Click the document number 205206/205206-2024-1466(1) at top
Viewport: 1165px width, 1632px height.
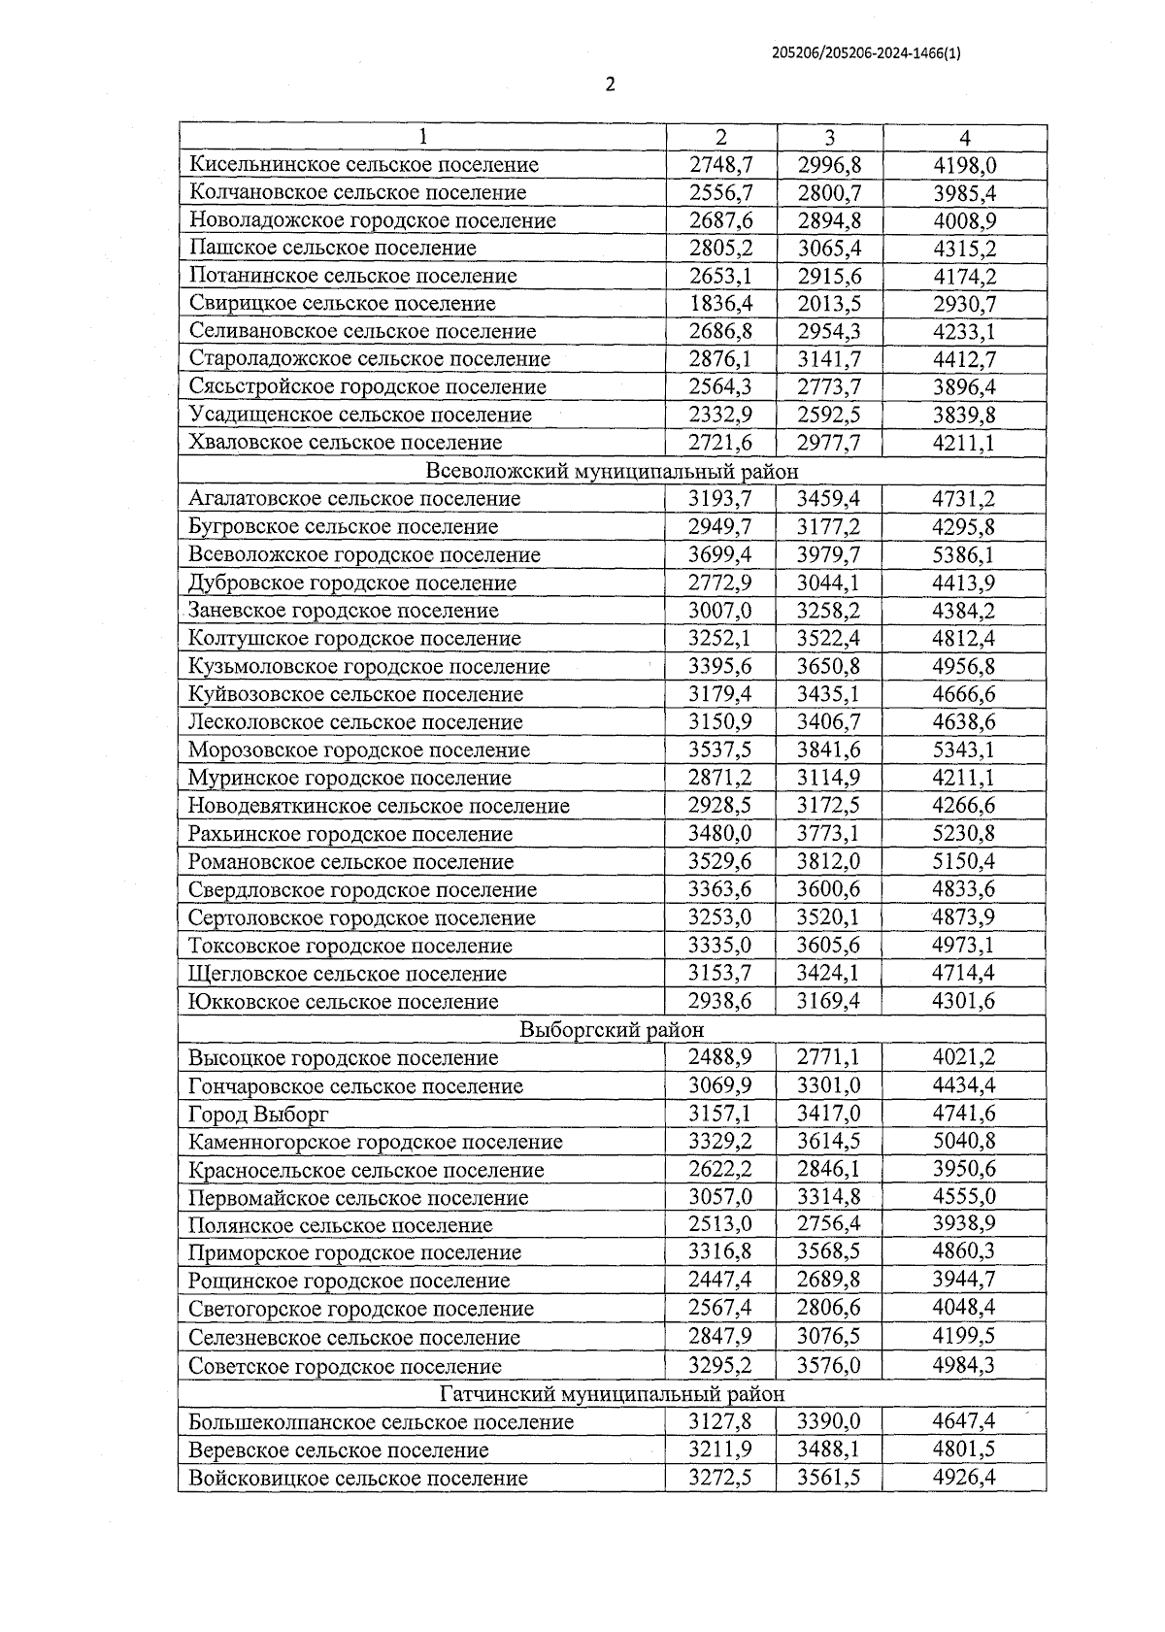866,54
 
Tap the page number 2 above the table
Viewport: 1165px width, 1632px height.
610,84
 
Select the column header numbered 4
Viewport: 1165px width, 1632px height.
964,138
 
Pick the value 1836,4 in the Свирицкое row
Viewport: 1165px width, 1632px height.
720,304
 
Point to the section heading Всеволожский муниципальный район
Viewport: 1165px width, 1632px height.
612,472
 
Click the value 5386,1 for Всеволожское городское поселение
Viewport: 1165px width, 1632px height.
964,555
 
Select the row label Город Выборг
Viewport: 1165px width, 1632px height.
258,1115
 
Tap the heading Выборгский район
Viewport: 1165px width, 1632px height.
612,1030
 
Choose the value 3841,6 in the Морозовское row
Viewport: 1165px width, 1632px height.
829,750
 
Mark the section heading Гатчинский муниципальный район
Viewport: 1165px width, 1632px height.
612,1394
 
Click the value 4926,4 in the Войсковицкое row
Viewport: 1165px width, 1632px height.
964,1479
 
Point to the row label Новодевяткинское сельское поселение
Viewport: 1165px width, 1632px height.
379,806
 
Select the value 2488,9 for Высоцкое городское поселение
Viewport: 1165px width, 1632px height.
720,1057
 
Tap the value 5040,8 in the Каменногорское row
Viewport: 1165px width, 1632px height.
964,1142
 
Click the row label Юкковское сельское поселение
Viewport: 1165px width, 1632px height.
343,1002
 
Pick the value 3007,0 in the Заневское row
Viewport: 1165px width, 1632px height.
720,611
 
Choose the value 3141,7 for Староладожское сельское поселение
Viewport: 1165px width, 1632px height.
829,359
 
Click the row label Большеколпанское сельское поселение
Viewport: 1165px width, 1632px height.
381,1422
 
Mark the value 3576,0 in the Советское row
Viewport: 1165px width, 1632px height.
829,1366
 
